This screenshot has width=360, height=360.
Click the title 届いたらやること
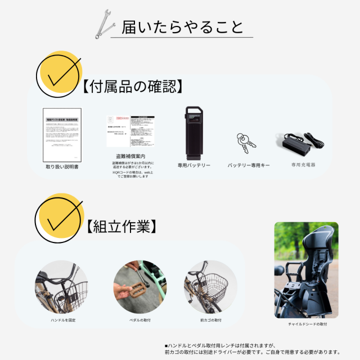182,26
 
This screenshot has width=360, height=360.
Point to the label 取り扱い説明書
62,167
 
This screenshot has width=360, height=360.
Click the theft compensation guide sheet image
129,132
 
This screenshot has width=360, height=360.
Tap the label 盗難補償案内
130,156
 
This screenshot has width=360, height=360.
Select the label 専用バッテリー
194,166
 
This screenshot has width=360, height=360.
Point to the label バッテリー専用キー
248,166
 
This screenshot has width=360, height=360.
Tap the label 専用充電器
303,165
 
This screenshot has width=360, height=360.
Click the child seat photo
306,270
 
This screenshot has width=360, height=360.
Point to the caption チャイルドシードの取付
307,325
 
